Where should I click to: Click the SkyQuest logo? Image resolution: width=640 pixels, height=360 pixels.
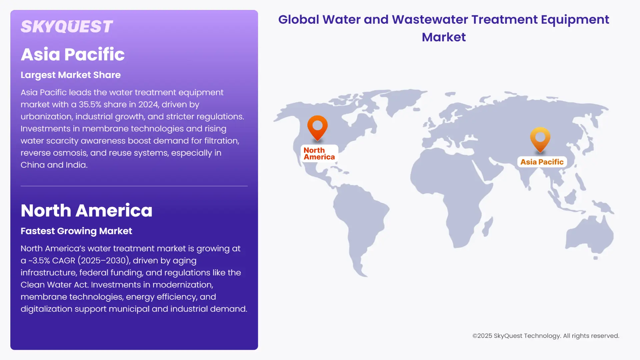(67, 27)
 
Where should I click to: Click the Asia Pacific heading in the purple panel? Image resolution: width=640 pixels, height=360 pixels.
(73, 54)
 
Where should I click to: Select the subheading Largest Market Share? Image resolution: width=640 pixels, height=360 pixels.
(71, 75)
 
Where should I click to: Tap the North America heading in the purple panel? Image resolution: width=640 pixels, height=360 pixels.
(86, 211)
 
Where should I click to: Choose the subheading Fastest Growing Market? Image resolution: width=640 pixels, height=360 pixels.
(76, 231)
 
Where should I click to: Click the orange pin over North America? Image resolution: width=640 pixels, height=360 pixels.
(317, 127)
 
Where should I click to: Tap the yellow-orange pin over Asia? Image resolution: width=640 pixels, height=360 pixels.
(540, 138)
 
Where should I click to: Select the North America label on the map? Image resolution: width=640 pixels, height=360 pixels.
(319, 154)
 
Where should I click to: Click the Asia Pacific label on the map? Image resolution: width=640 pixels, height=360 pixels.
(542, 162)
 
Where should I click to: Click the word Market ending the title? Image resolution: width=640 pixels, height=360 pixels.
(444, 37)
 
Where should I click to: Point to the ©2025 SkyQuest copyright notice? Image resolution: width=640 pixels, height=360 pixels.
(546, 336)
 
